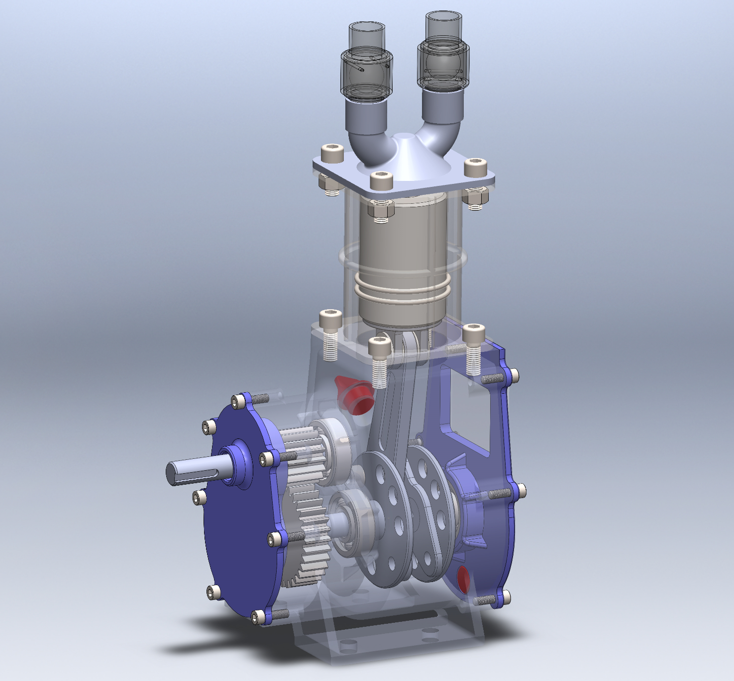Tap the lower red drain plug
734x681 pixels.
[x=463, y=579]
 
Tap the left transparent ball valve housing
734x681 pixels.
[x=366, y=75]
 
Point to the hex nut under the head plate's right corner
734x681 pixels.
[x=475, y=199]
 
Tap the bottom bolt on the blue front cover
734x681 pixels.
[x=258, y=617]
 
